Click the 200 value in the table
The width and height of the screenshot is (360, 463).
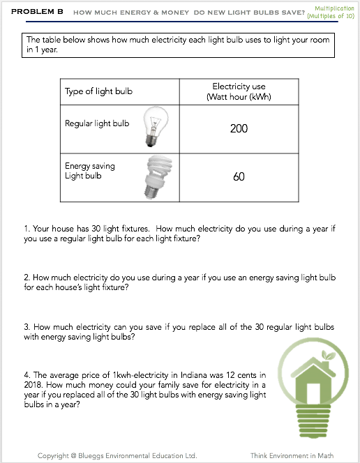point(239,129)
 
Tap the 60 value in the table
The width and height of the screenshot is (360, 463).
point(239,177)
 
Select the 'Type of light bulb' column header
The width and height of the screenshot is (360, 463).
point(98,91)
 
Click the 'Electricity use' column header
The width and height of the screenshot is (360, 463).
point(239,86)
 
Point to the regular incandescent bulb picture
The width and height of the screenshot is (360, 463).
point(156,126)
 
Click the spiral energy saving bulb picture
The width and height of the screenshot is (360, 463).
point(158,177)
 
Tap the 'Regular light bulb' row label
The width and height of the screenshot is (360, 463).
point(97,123)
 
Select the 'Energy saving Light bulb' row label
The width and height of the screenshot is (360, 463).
point(90,171)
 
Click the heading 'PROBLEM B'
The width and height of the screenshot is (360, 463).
point(37,12)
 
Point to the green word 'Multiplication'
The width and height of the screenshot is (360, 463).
point(334,8)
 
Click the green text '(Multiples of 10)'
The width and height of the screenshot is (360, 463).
point(331,16)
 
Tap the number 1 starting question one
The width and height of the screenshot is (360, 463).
point(27,229)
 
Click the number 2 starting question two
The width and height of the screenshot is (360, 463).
point(27,278)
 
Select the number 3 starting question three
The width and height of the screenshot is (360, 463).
point(27,327)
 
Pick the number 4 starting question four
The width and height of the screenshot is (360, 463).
point(27,375)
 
